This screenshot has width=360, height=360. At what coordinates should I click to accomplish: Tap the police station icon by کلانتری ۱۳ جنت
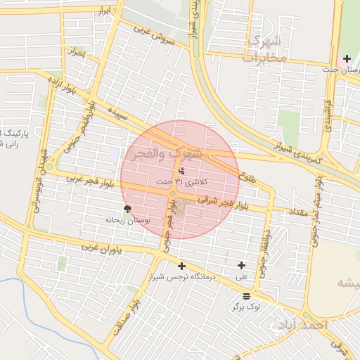coord(181,171)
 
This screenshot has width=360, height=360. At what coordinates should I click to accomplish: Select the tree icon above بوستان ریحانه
coord(127,208)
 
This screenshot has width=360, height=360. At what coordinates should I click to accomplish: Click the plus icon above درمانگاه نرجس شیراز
coord(182,266)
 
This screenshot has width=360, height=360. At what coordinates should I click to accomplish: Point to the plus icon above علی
coord(242,265)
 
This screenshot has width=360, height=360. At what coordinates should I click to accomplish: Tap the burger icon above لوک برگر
coord(245,296)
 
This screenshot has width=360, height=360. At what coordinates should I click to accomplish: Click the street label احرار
coord(75,53)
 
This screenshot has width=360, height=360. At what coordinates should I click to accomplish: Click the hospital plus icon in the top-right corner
coord(347,58)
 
